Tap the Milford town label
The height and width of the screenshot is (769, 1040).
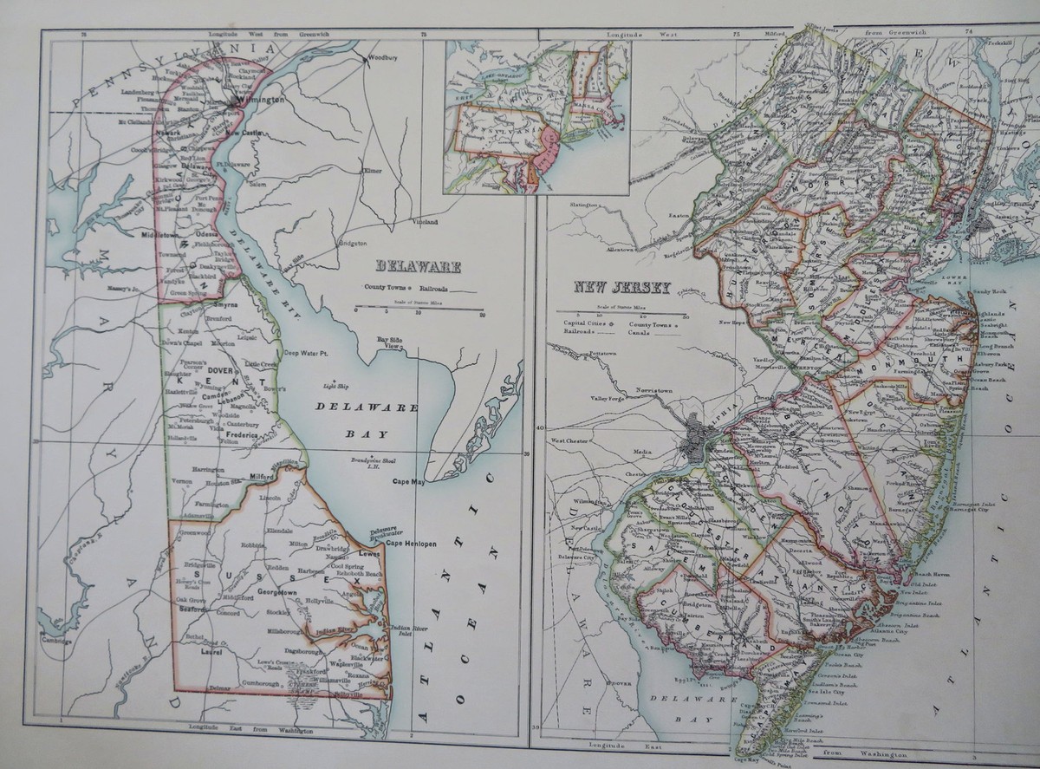(260, 476)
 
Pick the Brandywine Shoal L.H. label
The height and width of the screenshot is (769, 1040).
(373, 461)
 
